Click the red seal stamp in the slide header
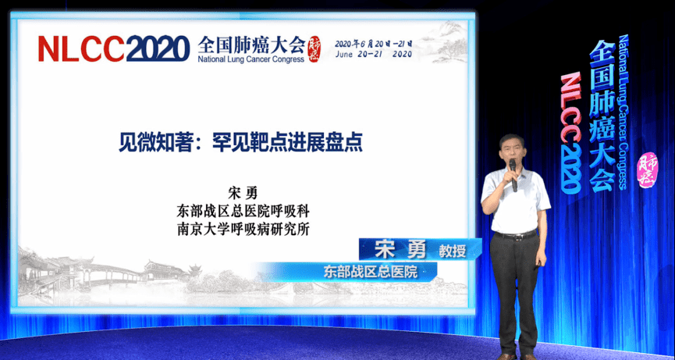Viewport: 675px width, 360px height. (314, 48)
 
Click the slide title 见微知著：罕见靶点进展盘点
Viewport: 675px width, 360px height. (240, 143)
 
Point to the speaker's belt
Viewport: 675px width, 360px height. (516, 234)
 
